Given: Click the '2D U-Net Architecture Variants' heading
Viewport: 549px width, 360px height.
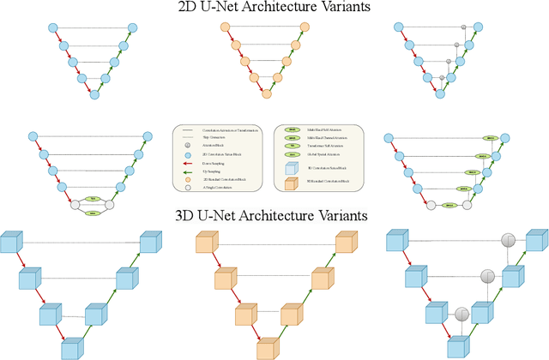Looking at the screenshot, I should point(274,9).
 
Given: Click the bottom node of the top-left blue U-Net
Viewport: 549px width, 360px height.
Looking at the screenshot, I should point(94,93).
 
